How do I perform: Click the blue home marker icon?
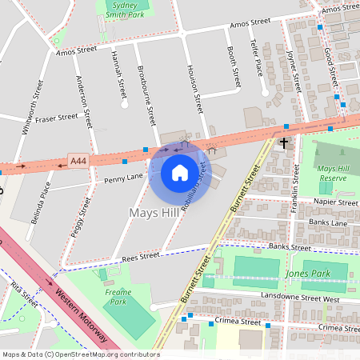(x=180, y=172)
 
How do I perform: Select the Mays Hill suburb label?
(x=154, y=213)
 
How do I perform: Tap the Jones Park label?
(x=302, y=274)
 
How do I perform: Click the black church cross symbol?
(x=282, y=142)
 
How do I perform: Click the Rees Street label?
(x=140, y=257)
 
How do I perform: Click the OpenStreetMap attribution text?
(x=80, y=354)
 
